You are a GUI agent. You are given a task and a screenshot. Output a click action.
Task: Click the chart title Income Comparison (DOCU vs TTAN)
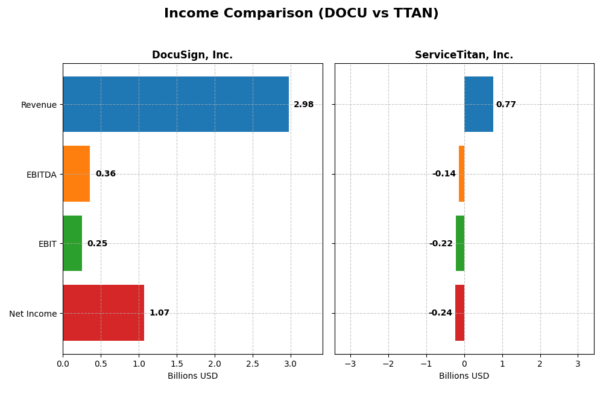[x=301, y=13]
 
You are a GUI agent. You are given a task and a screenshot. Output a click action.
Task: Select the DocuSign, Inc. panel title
[x=192, y=55]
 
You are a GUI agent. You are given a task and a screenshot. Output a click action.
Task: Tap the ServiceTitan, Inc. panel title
[x=464, y=55]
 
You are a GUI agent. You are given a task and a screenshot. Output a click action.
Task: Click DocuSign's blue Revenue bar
[x=175, y=104]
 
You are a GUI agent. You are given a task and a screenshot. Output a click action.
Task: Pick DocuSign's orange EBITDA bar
[x=76, y=174]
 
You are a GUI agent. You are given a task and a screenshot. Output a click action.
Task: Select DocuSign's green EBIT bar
[x=72, y=243]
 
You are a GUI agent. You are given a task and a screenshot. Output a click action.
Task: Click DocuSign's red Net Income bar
[x=103, y=313]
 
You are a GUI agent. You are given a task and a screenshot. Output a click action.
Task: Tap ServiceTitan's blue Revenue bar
[x=479, y=104]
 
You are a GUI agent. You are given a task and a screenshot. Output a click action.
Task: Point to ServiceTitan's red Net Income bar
[x=459, y=313]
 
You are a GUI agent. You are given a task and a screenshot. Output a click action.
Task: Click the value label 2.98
[x=303, y=105]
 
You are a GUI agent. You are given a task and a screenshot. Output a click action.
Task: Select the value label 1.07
[x=159, y=313]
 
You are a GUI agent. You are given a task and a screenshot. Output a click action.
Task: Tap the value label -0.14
[x=444, y=174]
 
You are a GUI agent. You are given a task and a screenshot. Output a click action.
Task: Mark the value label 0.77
[x=506, y=105]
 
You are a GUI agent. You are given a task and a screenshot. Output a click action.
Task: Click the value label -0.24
[x=440, y=313]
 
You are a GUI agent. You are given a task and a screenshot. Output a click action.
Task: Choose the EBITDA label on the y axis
[x=41, y=175]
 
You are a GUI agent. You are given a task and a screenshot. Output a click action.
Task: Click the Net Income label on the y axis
[x=33, y=314]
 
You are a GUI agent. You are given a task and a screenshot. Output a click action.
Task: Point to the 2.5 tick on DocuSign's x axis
[x=253, y=364]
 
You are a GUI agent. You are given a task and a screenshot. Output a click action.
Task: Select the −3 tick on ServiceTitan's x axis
[x=350, y=364]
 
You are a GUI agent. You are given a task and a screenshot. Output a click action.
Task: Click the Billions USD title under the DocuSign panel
[x=192, y=376]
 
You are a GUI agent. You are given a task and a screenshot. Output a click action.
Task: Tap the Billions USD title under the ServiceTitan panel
[x=464, y=376]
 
